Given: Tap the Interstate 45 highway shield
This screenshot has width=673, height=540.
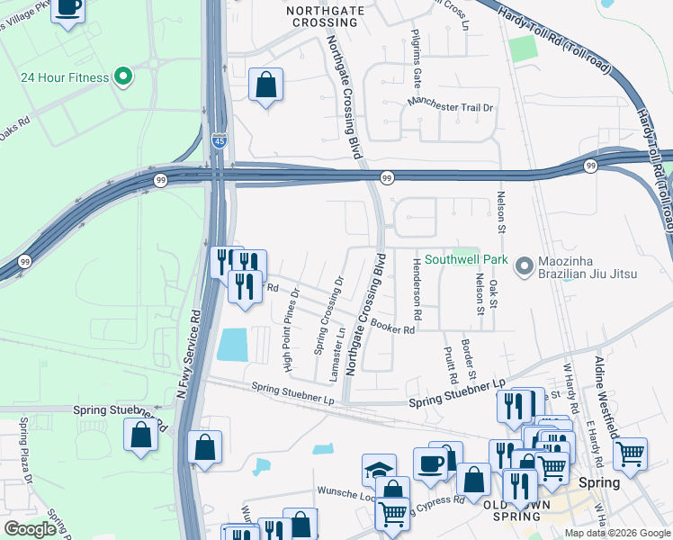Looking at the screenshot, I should pyautogui.click(x=220, y=139).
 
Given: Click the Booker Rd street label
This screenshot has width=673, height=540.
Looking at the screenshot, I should pyautogui.click(x=391, y=329).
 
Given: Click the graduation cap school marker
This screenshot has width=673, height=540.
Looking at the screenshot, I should pyautogui.click(x=379, y=470).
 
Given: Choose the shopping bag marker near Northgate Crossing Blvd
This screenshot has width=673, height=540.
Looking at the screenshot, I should pyautogui.click(x=265, y=85).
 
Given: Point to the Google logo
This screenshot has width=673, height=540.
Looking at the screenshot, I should pyautogui.click(x=29, y=529).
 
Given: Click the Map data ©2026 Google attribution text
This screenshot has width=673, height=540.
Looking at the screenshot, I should pyautogui.click(x=617, y=533).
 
